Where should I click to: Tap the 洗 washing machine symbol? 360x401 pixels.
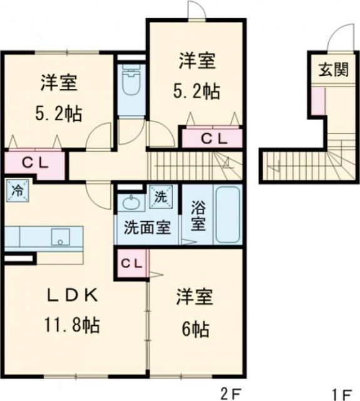[161, 196]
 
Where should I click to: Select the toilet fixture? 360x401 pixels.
[131, 85]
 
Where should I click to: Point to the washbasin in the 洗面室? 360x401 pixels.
[131, 202]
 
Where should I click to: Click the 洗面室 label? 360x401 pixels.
[147, 227]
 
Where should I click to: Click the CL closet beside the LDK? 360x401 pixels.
[131, 264]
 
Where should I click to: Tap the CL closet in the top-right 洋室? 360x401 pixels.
[211, 138]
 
